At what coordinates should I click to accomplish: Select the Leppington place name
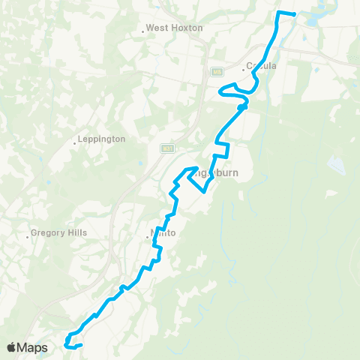pyautogui.click(x=103, y=139)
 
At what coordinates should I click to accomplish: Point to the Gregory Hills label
pyautogui.click(x=59, y=232)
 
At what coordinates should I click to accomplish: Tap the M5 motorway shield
pyautogui.click(x=216, y=72)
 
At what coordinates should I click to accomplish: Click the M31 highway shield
pyautogui.click(x=167, y=148)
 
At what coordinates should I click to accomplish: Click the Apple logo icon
pyautogui.click(x=13, y=348)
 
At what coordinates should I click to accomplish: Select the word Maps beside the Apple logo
pyautogui.click(x=34, y=348)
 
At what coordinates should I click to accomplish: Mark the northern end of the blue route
pyautogui.click(x=294, y=14)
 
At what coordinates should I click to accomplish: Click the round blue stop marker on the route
pyautogui.click(x=241, y=107)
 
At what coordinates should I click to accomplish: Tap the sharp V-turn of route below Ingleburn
pyautogui.click(x=204, y=190)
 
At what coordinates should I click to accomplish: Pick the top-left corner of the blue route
pyautogui.click(x=280, y=13)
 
